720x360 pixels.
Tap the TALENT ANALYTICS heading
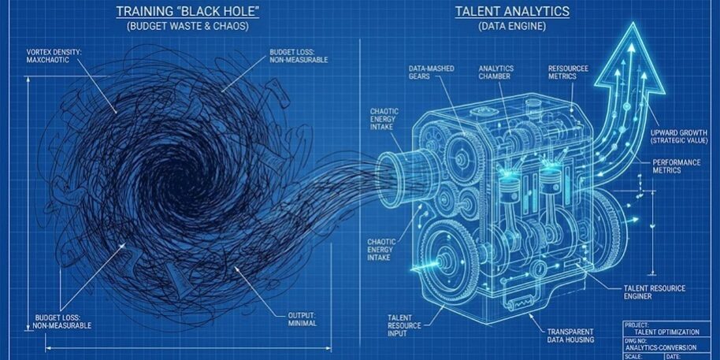[512, 11]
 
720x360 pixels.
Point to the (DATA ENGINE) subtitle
[512, 26]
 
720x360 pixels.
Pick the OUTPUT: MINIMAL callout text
[302, 319]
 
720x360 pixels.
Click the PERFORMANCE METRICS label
[677, 166]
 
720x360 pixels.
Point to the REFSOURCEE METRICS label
[568, 72]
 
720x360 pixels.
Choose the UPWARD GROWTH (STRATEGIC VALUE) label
[679, 136]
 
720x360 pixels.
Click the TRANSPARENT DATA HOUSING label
[570, 336]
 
